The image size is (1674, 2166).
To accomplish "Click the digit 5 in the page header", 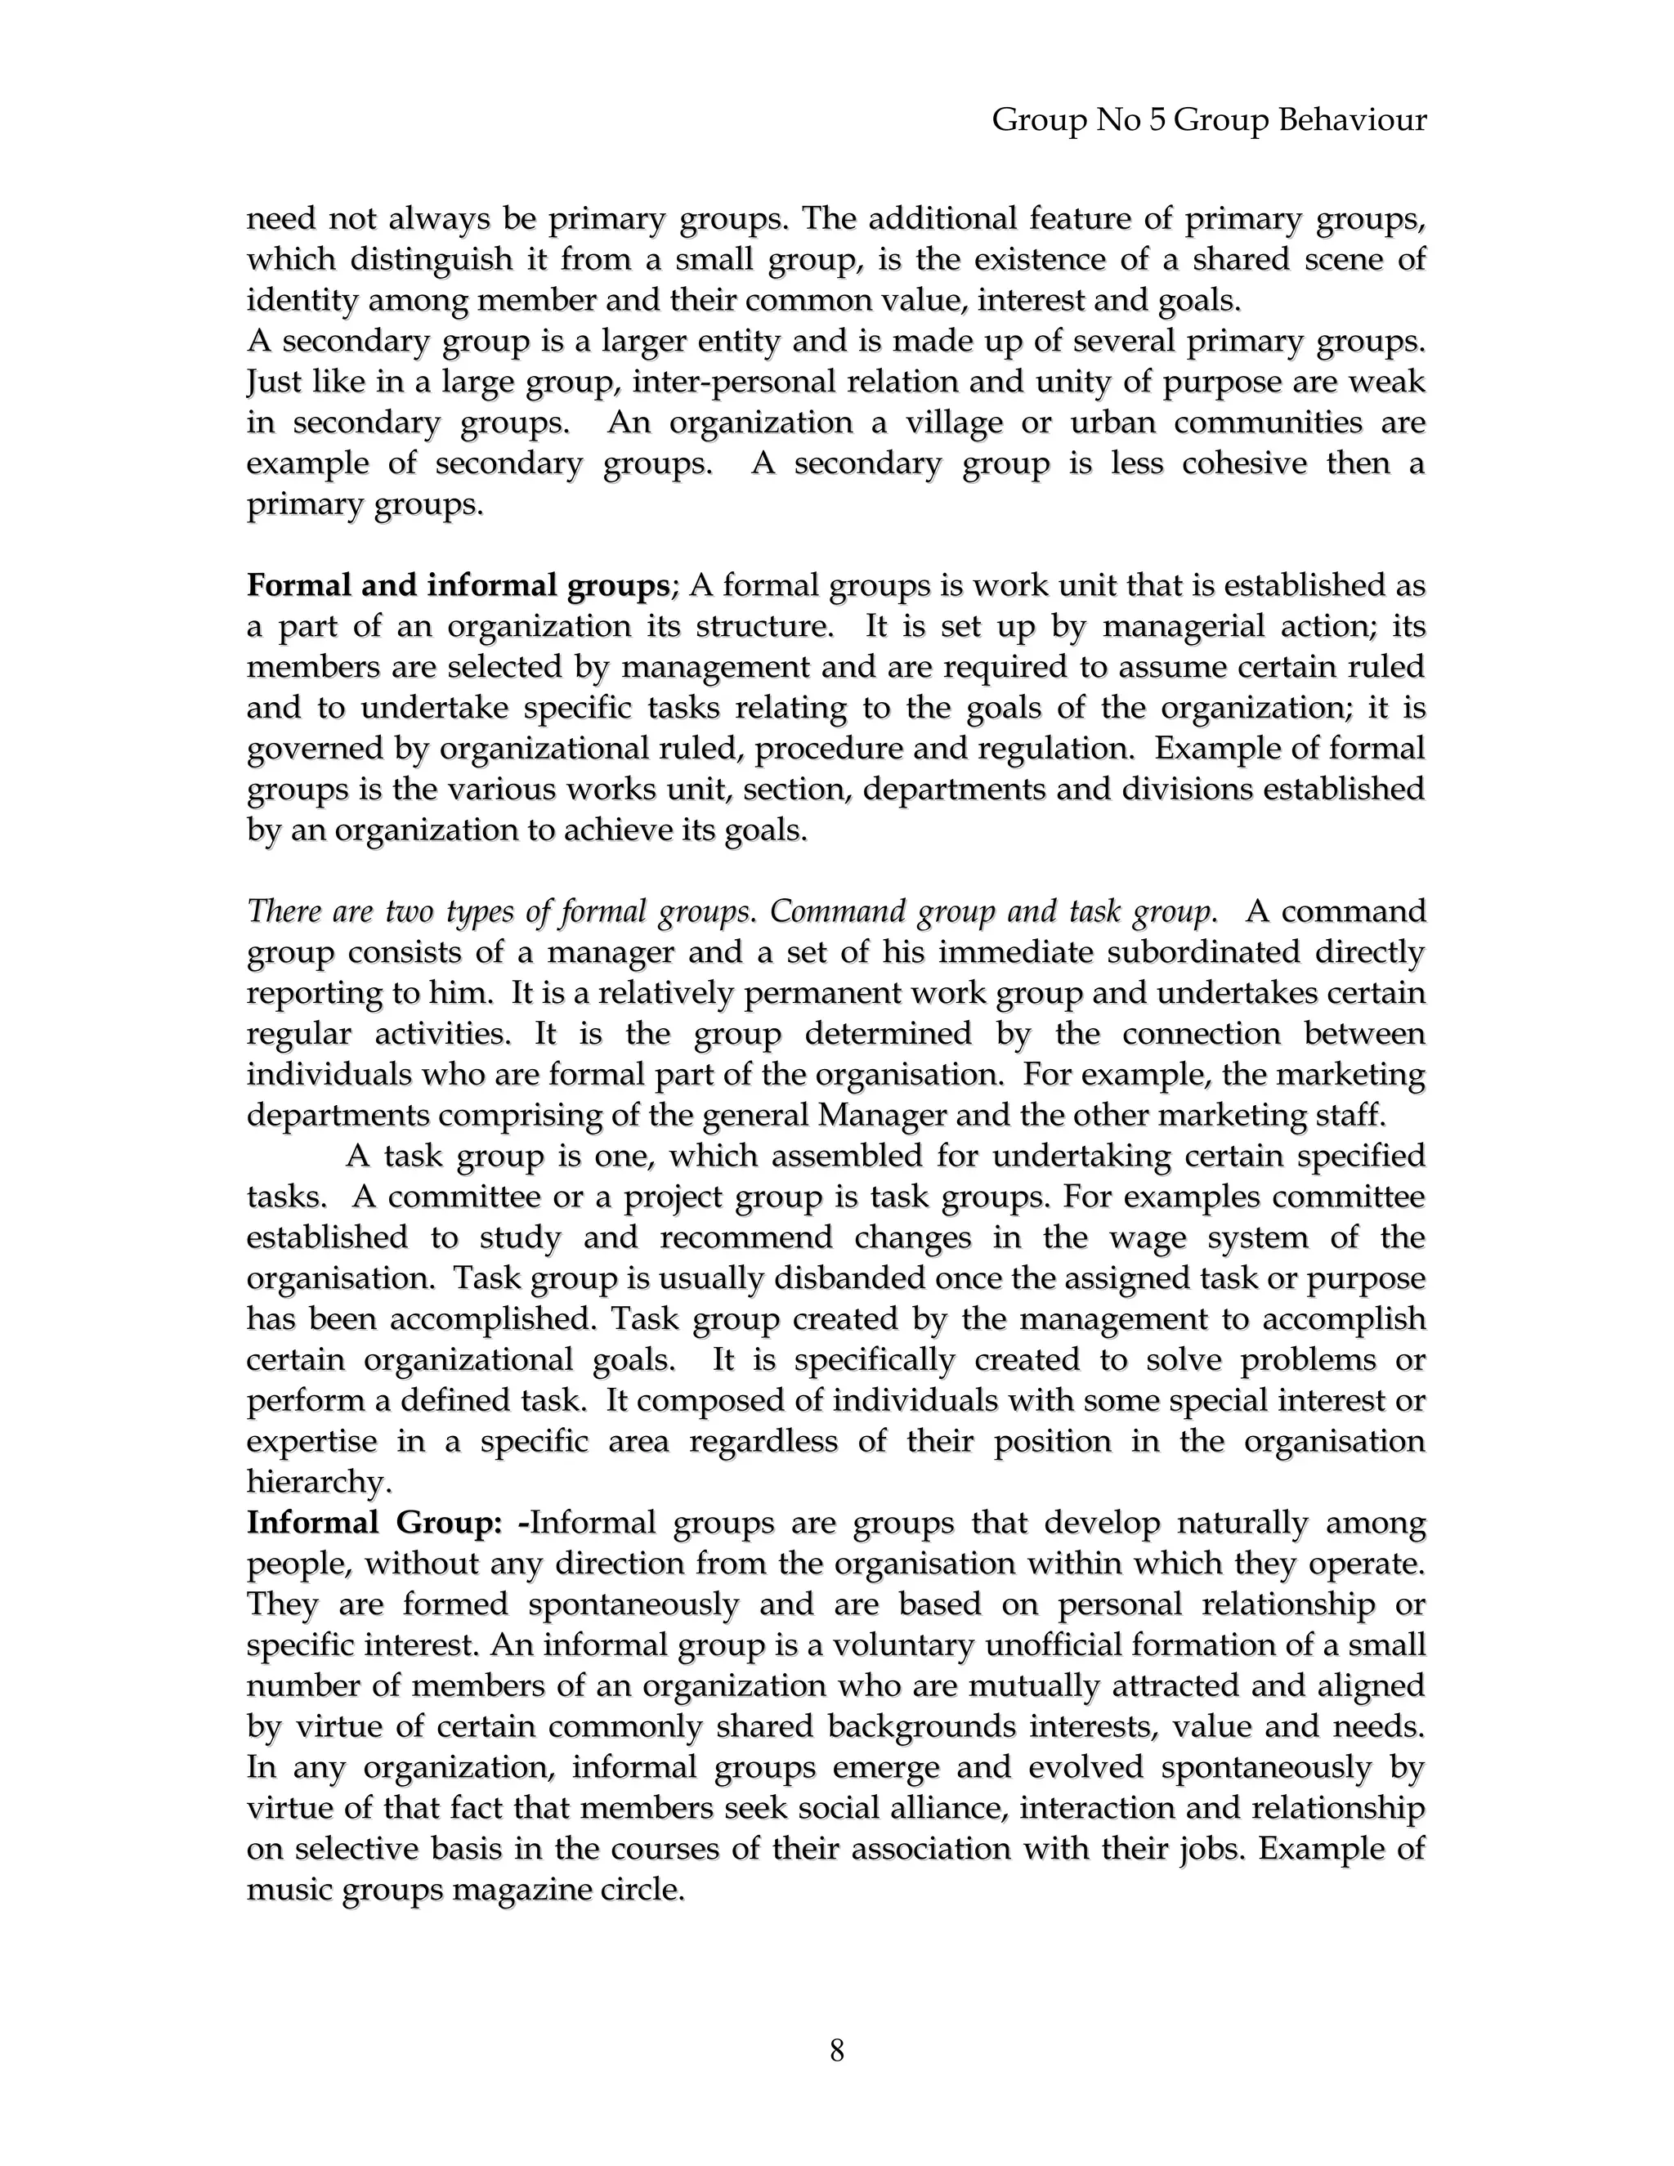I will [1157, 121].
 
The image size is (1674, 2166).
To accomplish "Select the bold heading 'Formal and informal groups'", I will [459, 586].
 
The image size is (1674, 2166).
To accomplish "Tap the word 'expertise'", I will [311, 1441].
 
